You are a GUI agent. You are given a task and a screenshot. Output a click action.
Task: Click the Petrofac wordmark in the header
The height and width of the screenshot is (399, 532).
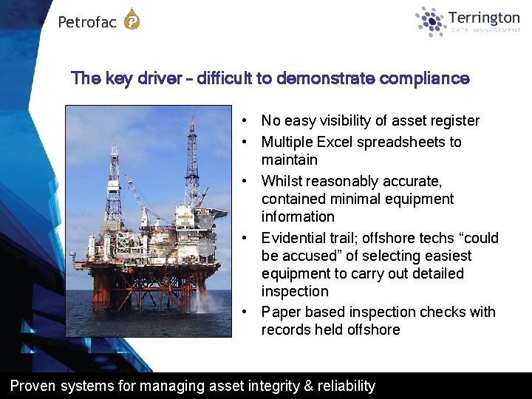87,22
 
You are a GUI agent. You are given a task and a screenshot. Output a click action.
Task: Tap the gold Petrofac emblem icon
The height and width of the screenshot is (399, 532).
132,19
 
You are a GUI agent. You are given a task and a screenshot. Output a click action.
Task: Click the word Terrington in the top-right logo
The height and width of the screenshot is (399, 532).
484,18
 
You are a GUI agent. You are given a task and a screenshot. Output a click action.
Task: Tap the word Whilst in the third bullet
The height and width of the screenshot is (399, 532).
281,181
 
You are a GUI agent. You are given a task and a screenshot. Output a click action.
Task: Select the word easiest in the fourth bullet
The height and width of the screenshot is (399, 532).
447,256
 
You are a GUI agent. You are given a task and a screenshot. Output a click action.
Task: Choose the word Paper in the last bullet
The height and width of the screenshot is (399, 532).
279,312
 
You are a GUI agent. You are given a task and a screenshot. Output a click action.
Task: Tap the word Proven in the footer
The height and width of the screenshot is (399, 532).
33,386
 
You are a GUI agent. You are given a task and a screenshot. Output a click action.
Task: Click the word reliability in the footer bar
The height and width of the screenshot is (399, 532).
346,386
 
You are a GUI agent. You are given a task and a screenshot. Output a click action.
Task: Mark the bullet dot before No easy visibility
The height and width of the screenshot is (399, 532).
243,121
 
